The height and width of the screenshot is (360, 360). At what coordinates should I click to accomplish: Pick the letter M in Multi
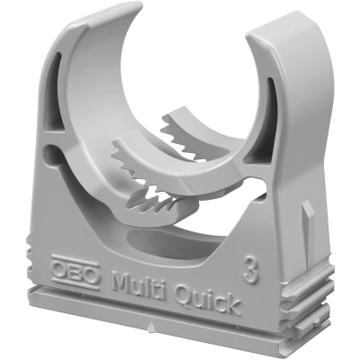(123, 281)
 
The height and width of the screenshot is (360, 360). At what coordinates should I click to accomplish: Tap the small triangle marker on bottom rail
(151, 325)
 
